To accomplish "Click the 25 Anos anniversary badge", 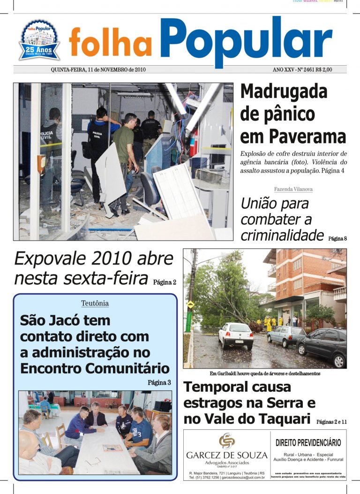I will [39, 40].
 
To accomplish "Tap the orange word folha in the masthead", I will [111, 42].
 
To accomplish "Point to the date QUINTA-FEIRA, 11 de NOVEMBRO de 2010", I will [98, 69].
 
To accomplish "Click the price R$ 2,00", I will [322, 69].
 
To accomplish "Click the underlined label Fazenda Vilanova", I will [293, 190].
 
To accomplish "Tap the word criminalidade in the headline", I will [282, 235].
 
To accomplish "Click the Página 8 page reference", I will [337, 238].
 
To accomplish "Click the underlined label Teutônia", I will [95, 304].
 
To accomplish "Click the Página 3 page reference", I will [159, 382].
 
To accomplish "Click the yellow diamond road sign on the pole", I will [190, 304].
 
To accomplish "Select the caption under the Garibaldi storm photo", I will [265, 374].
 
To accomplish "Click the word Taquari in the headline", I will [285, 418].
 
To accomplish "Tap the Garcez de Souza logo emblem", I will [226, 441].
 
